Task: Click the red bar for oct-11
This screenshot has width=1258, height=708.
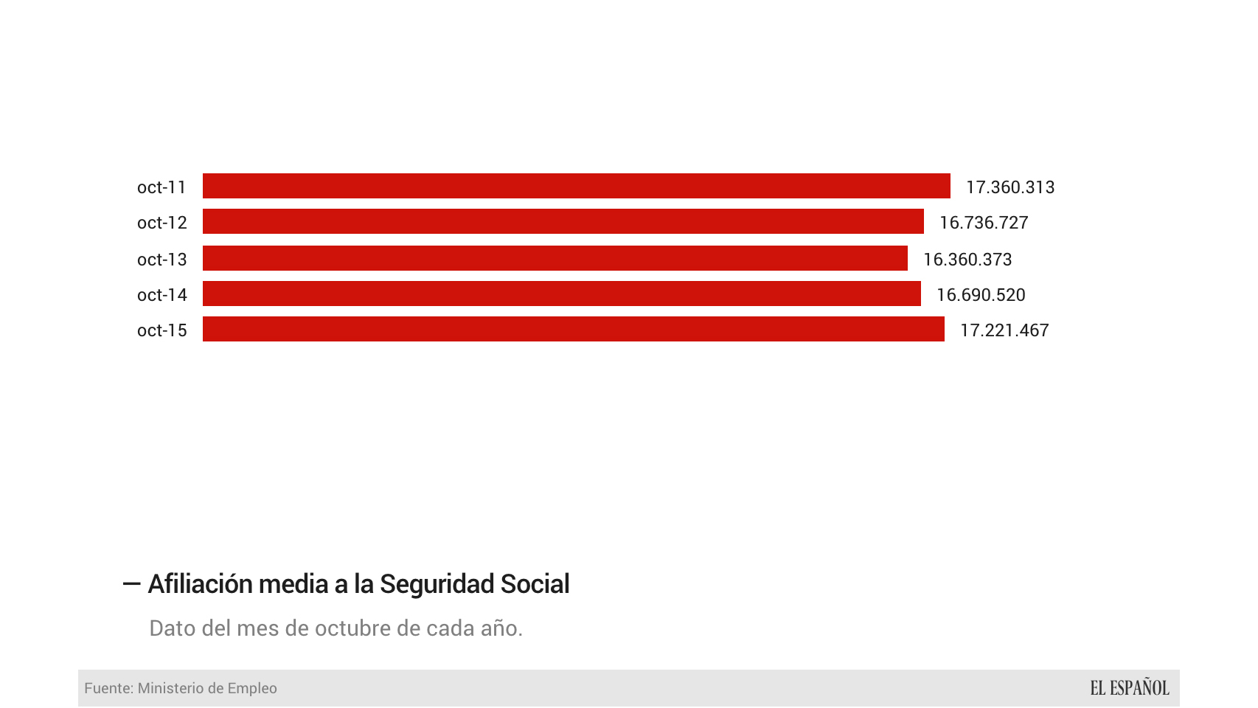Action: coord(576,186)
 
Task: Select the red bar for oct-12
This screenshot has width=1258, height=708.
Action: coord(563,221)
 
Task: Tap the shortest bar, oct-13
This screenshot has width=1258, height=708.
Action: coord(555,258)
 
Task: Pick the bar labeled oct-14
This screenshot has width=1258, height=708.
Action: coord(561,294)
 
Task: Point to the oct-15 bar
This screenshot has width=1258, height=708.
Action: coord(573,329)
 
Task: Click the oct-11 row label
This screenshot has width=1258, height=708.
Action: coord(161,187)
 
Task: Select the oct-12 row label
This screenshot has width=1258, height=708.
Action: coord(161,223)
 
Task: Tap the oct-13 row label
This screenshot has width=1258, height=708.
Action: coord(161,260)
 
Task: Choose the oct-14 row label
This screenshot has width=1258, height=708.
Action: coord(161,295)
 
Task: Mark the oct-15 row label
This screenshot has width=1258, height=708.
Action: coord(161,330)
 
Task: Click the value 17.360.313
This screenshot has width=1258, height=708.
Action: coord(1009,187)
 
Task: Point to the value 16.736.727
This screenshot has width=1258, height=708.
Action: coord(983,223)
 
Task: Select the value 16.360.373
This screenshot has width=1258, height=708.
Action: coord(967,260)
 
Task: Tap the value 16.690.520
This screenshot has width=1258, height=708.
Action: coord(980,295)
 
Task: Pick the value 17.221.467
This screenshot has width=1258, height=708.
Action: coord(1004,330)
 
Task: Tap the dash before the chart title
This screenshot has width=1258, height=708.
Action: coord(131,584)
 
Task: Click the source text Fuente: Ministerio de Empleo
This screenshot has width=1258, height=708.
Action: coord(181,688)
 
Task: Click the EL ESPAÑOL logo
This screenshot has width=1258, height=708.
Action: coord(1129,688)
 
